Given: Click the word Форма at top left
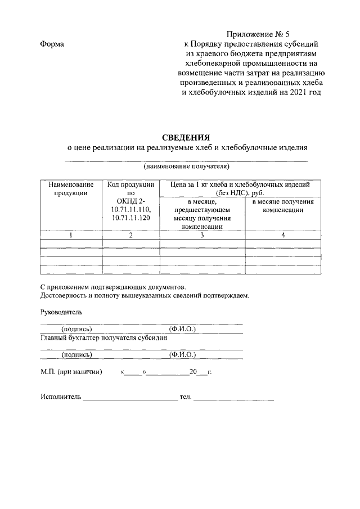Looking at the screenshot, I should pos(52,44).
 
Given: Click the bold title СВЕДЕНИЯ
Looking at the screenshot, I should pos(186,137).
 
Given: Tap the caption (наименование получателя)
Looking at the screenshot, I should pos(187,166).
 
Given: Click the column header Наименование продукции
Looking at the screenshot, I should pos(71,188).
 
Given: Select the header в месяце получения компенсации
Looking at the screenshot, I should pos(283,205).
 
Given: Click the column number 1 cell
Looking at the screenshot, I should pos(71,235).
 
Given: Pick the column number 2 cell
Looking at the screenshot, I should pos(130,235).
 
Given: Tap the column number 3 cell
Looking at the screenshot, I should pos(202,235).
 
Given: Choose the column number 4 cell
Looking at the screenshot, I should pos(283,235).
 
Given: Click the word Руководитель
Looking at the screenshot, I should pos(61,312).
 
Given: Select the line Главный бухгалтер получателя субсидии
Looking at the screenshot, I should pos(103,338).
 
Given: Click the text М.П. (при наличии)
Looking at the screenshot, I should pos(71,372).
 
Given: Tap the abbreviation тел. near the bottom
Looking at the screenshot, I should pos(185,397).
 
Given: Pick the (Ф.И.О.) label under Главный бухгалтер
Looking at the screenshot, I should pos(182,355).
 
